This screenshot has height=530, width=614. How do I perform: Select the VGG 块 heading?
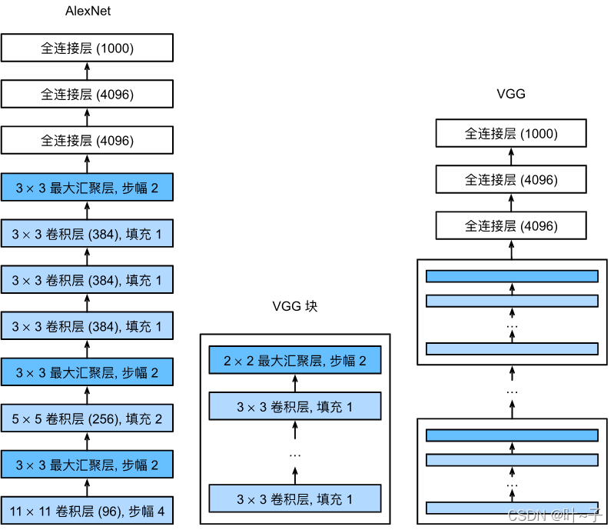click(x=294, y=306)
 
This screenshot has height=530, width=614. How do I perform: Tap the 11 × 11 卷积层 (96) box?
click(x=87, y=510)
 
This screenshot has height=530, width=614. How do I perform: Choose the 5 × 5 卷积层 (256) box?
click(x=87, y=419)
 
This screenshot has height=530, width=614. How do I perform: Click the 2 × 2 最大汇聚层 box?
click(x=295, y=360)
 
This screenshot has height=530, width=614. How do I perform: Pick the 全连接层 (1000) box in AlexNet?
click(x=87, y=48)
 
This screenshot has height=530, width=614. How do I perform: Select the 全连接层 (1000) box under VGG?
click(x=511, y=133)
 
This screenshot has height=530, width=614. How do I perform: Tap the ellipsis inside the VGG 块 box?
click(x=295, y=455)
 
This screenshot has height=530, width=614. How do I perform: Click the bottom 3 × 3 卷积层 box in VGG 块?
click(x=295, y=499)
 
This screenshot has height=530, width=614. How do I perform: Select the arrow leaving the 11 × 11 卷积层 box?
click(x=87, y=488)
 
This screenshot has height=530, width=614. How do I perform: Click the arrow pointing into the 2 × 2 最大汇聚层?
click(x=295, y=383)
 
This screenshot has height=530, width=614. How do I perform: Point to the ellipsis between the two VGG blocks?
click(x=511, y=392)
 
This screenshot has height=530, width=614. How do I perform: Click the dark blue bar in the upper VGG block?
click(x=511, y=276)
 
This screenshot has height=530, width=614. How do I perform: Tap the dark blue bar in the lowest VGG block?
click(x=511, y=435)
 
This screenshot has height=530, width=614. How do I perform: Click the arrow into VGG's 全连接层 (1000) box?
click(x=511, y=156)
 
